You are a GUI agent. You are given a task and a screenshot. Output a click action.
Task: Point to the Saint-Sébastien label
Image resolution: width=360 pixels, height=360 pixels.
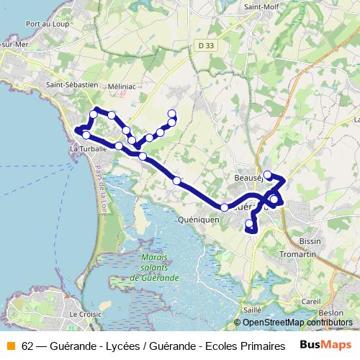point(72,84)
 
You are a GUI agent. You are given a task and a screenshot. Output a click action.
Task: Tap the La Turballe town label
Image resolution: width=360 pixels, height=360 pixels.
point(88,148)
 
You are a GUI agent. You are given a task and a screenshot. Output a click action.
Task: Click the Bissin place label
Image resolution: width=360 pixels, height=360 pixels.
point(311,241)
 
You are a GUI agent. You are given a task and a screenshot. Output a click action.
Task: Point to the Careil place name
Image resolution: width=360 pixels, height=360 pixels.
point(311,301)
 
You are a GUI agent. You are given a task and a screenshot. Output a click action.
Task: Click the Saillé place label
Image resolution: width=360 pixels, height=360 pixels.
point(252,309)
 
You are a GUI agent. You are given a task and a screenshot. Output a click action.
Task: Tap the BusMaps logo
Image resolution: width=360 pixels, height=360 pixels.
point(325,344)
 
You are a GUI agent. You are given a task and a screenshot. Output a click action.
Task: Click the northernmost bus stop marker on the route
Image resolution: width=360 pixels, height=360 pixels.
point(171,113)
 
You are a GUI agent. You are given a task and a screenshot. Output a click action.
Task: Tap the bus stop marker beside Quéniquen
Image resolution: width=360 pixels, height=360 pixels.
point(225,207)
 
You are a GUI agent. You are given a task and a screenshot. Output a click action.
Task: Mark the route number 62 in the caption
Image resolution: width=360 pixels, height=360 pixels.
point(27,344)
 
